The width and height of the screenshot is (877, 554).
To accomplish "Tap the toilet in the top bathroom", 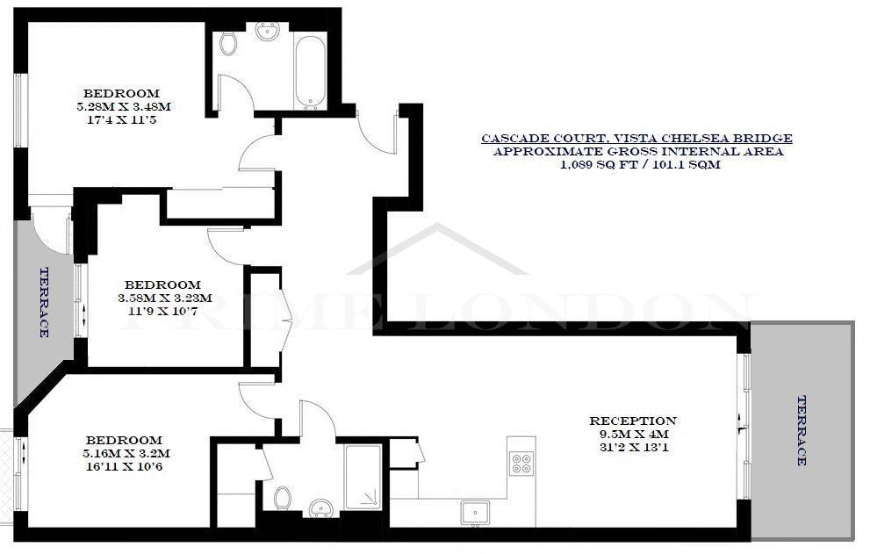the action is pos(227,43).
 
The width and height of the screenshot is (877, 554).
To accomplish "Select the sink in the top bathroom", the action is pos(268,32).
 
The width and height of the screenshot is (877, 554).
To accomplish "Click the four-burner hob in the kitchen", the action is pos(521,463).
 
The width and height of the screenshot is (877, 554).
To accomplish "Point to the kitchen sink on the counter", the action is pos(475,513).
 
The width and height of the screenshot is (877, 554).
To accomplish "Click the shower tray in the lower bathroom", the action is pos(363,476).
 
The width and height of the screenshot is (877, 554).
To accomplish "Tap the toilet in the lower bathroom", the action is pos(283,498).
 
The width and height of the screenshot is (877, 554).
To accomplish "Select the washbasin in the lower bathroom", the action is pos(321,508).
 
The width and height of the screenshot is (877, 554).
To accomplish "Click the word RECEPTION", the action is pos(633,421).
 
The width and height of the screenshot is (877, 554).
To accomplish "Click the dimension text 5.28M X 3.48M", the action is pos(124,106).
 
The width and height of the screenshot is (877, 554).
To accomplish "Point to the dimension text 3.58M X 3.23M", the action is pos(165,298).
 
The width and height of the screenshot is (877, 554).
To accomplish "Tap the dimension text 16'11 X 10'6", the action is pos(124,467).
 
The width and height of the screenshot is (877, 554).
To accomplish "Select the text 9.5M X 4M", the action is pos(633,435).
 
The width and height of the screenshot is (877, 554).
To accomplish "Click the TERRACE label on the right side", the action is pos(802,430).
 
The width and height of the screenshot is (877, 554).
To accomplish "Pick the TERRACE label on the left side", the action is pos(44,302).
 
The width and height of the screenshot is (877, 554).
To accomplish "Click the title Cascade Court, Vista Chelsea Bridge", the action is pos(636,138).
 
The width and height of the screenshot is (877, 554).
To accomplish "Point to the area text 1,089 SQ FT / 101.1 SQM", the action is pos(640,164).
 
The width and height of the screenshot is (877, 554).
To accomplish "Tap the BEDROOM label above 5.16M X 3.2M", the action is pos(124,441).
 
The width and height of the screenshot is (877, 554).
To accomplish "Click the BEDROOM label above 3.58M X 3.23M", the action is pos(162,284).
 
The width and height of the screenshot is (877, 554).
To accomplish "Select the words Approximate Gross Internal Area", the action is pos(637,152).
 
